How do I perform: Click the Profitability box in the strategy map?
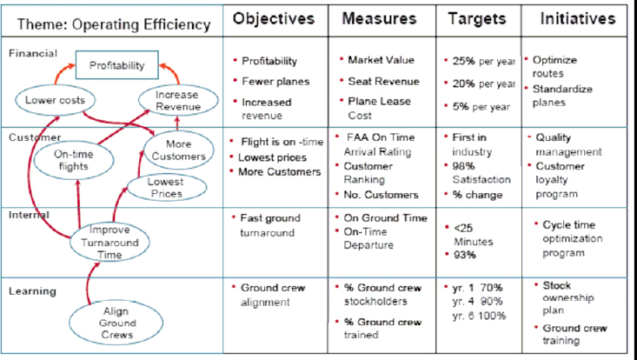click(x=117, y=65)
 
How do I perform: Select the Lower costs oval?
click(x=56, y=100)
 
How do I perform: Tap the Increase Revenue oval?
click(x=178, y=100)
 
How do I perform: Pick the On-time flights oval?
click(x=74, y=160)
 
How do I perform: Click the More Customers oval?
click(x=179, y=150)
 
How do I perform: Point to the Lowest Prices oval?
click(x=166, y=187)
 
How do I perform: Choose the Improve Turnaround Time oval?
click(x=109, y=242)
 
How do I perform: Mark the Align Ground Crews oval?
click(x=116, y=323)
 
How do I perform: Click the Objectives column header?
click(x=274, y=18)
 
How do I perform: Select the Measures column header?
click(x=379, y=18)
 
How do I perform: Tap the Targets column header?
click(x=477, y=19)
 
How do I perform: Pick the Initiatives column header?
click(x=578, y=18)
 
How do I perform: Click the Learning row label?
click(x=32, y=291)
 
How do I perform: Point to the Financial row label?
click(x=33, y=53)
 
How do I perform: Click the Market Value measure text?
click(x=381, y=60)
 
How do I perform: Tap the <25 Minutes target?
click(x=473, y=235)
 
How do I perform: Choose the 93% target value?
click(x=464, y=255)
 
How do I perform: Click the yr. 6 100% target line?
click(x=479, y=316)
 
